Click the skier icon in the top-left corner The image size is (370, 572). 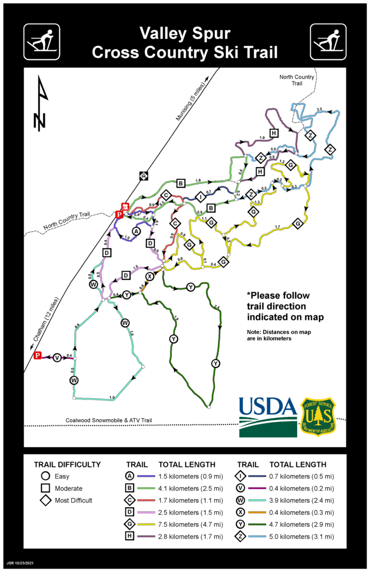[42, 42]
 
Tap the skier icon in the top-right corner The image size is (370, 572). [328, 42]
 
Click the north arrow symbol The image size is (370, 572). [41, 104]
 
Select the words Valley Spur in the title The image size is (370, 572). [185, 34]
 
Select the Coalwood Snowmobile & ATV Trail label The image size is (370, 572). [109, 421]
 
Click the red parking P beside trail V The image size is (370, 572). [38, 356]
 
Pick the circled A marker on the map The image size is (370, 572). [136, 231]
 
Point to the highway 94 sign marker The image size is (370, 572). [144, 175]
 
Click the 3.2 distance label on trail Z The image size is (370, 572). [319, 109]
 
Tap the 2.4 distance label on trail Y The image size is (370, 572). [217, 307]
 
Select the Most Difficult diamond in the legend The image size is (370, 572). [45, 500]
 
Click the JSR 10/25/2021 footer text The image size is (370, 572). [20, 562]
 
